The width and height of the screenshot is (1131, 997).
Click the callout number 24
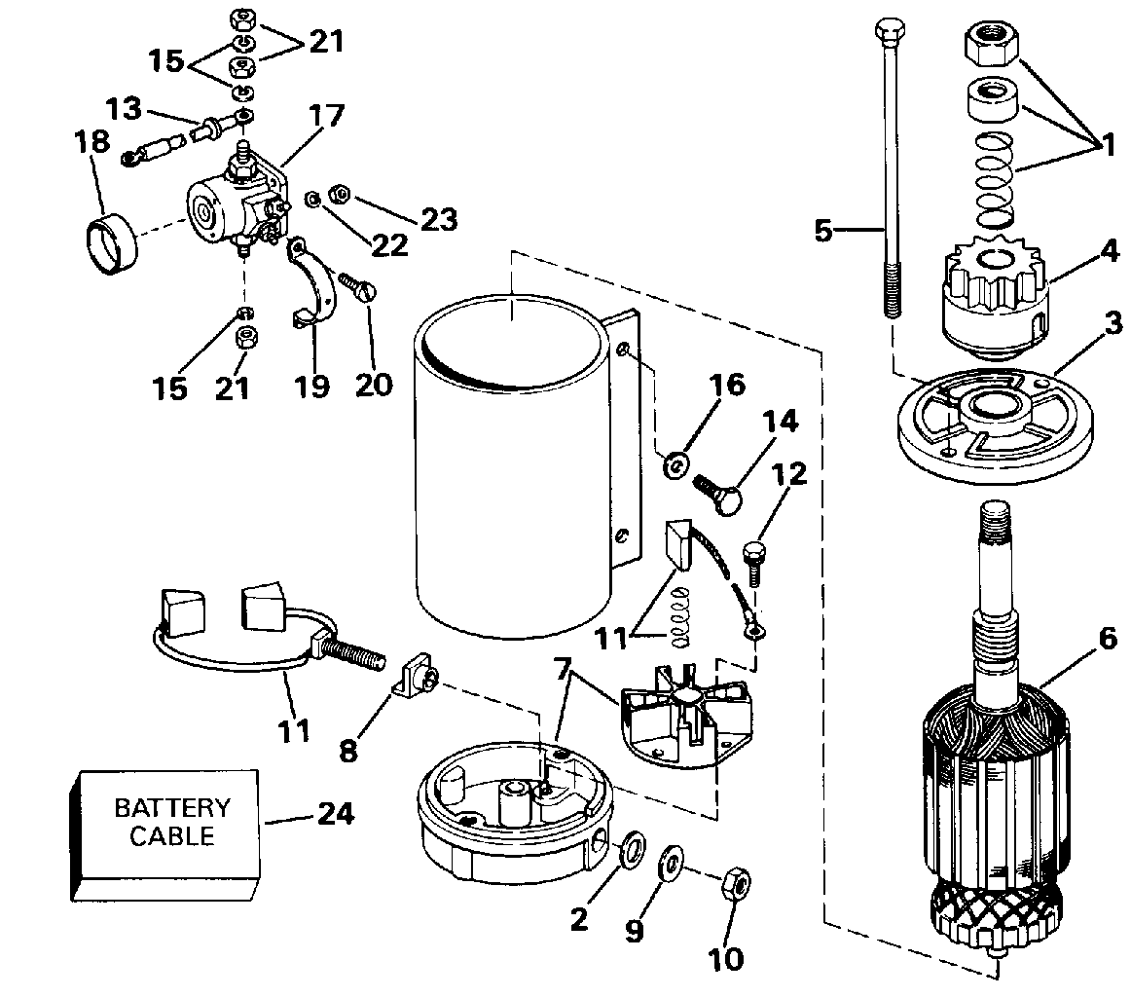tap(336, 814)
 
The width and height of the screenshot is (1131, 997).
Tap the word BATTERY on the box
tap(172, 807)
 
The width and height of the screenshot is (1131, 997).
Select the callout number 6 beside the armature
tap(1108, 638)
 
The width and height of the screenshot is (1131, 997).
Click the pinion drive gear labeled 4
tap(993, 298)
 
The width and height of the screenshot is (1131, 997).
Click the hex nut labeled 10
tap(737, 884)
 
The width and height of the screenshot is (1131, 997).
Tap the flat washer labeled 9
tap(673, 861)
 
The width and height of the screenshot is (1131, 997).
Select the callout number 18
tap(92, 142)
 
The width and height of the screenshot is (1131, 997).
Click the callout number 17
tap(326, 116)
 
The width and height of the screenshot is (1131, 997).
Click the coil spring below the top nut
tap(995, 179)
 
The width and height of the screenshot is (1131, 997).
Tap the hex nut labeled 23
tap(340, 194)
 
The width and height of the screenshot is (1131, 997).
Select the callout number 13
tap(124, 109)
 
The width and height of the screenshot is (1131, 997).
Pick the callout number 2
tap(579, 919)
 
